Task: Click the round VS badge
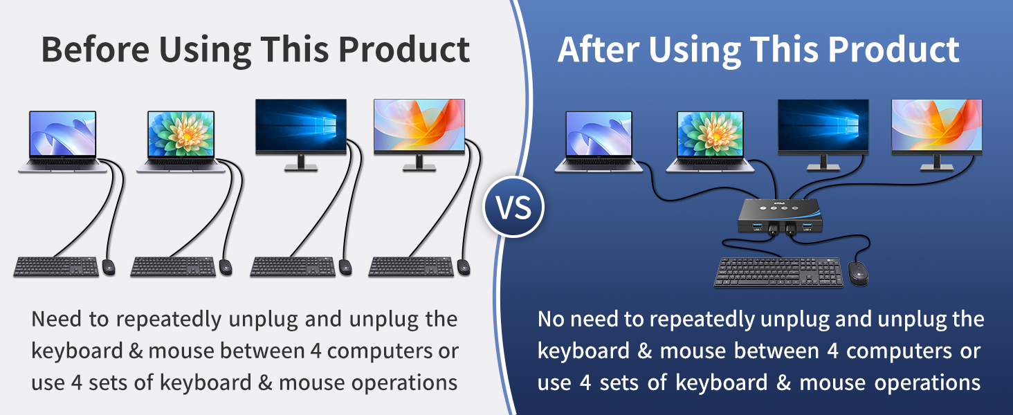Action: [513, 207]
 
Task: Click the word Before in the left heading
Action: [95, 49]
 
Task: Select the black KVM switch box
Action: [780, 216]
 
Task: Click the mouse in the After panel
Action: [858, 273]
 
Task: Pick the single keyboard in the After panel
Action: [778, 272]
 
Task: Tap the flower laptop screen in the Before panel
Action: [181, 134]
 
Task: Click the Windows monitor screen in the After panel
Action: [823, 125]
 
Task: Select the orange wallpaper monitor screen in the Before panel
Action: [419, 125]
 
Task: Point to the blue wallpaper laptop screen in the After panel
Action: [599, 134]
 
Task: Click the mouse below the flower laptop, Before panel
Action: [226, 267]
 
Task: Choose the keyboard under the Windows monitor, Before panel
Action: [293, 267]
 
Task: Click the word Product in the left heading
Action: [404, 49]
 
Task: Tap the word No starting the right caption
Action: [551, 319]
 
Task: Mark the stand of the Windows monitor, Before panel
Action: [301, 163]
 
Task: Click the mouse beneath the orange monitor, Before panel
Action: [464, 267]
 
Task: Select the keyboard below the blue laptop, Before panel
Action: [56, 267]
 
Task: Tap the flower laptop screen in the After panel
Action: [710, 134]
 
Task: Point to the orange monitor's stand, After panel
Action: [937, 163]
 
